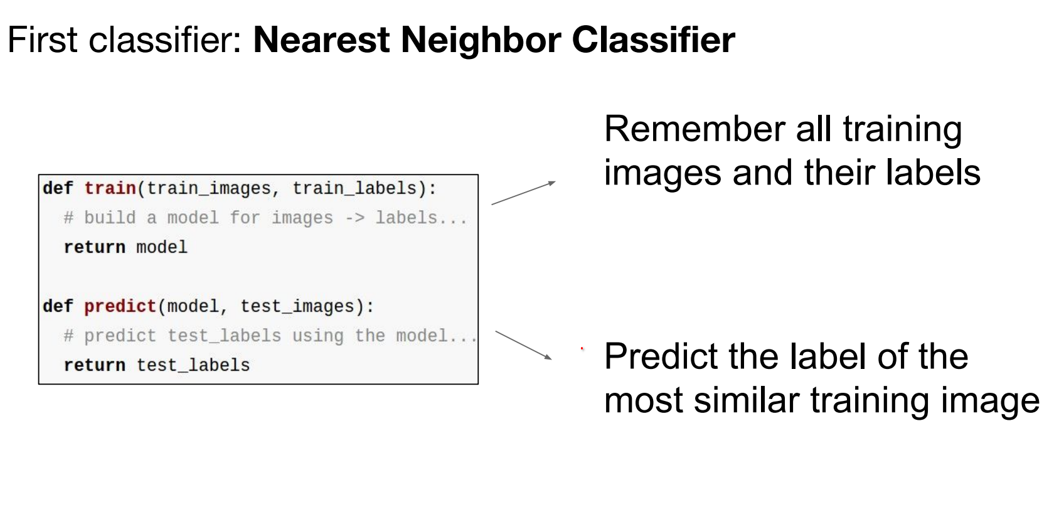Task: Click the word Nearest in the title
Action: pyautogui.click(x=321, y=40)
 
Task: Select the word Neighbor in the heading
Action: pyautogui.click(x=481, y=40)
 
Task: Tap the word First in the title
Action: pyautogui.click(x=42, y=40)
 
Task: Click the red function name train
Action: pyautogui.click(x=110, y=188)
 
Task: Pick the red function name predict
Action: pyautogui.click(x=120, y=306)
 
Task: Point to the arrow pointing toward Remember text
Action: pyautogui.click(x=523, y=193)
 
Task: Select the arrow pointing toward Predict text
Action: pyautogui.click(x=523, y=345)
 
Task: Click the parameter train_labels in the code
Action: pyautogui.click(x=354, y=189)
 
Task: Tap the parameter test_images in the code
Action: pyautogui.click(x=297, y=307)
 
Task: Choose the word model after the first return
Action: pyautogui.click(x=162, y=247)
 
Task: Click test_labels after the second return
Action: pyautogui.click(x=193, y=365)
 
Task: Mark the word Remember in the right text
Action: pyautogui.click(x=694, y=129)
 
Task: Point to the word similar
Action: pyautogui.click(x=752, y=400)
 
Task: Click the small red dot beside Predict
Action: pyautogui.click(x=582, y=349)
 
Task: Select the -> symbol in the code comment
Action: pyautogui.click(x=354, y=218)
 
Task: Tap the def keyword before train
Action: pyautogui.click(x=58, y=188)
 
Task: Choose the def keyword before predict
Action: pyautogui.click(x=58, y=306)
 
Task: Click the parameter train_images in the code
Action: pyautogui.click(x=208, y=189)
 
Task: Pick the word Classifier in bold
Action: pyautogui.click(x=653, y=40)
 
